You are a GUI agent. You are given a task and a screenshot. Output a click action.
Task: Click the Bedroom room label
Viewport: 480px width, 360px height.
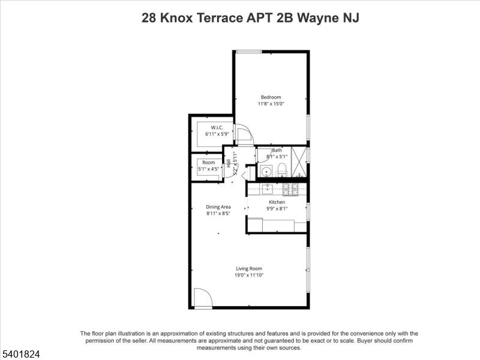point(271,97)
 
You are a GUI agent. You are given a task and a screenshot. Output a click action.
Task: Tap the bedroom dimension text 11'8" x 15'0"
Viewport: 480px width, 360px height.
point(271,104)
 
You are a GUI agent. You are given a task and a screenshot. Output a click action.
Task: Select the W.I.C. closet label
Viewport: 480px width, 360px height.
point(217,127)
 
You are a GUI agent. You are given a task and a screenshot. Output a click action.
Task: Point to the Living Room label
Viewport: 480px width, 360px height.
point(249,268)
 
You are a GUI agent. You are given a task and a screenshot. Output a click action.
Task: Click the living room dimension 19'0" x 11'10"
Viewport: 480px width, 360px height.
point(249,275)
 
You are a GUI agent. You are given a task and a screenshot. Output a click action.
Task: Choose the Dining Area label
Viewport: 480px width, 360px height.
point(218,206)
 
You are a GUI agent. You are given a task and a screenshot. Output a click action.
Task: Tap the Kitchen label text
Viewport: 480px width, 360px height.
point(277,202)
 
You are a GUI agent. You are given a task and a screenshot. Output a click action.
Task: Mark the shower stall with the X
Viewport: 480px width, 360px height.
point(298,162)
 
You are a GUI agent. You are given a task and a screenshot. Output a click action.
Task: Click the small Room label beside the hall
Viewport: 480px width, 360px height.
point(208,163)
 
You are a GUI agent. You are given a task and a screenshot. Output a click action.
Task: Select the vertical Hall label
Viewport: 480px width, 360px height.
point(229,163)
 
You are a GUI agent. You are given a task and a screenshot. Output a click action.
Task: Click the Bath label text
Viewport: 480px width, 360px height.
point(277,150)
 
